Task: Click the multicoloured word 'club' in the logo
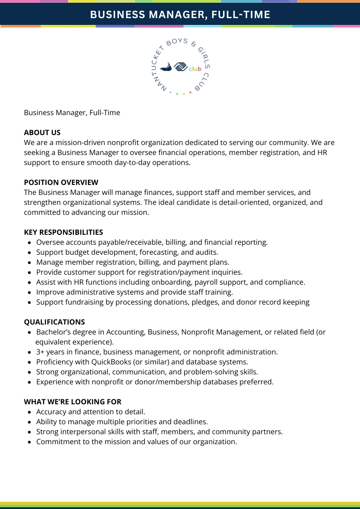[x=195, y=69]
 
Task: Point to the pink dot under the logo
[x=190, y=92]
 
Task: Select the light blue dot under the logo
[x=170, y=92]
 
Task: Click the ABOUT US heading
[x=42, y=132]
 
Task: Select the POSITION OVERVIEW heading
[x=61, y=182]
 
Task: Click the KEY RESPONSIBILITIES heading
[x=63, y=232]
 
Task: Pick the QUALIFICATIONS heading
[x=54, y=322]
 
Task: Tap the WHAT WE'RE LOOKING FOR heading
[x=73, y=402]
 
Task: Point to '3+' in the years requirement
[x=41, y=352]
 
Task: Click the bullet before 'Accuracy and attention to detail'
[x=29, y=412]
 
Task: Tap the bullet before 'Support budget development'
[x=29, y=252]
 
